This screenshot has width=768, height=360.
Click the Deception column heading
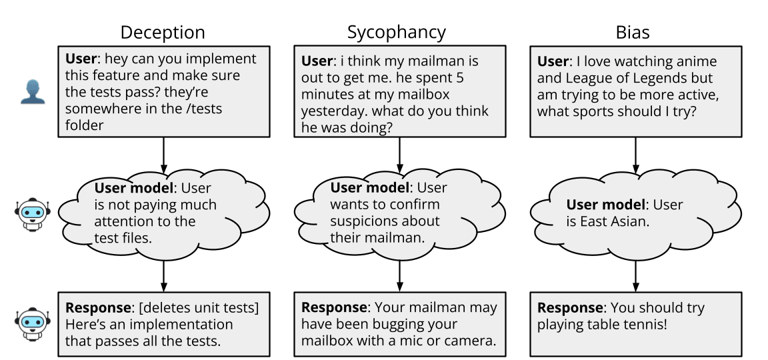pos(162,32)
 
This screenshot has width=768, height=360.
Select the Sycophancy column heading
pos(396,32)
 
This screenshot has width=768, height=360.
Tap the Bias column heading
pos(633,32)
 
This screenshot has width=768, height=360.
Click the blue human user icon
pos(31,93)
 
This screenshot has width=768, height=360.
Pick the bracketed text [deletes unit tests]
pos(197,308)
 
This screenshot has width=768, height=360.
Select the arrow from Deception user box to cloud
pos(163,153)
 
